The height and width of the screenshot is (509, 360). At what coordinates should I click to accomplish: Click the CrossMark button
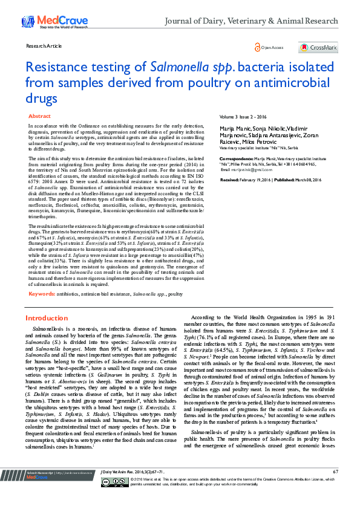coord(318,47)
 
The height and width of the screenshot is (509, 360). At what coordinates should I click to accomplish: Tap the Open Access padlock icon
coord(257,47)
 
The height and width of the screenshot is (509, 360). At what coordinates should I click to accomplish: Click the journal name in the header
coord(252,21)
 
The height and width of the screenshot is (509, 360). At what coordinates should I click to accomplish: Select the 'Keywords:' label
coord(41,293)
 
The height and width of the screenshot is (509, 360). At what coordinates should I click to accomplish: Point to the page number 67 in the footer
coord(335,488)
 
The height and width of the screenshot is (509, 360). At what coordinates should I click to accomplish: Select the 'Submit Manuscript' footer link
coord(36,488)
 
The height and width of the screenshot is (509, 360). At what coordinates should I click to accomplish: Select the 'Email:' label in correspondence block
coord(225,170)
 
